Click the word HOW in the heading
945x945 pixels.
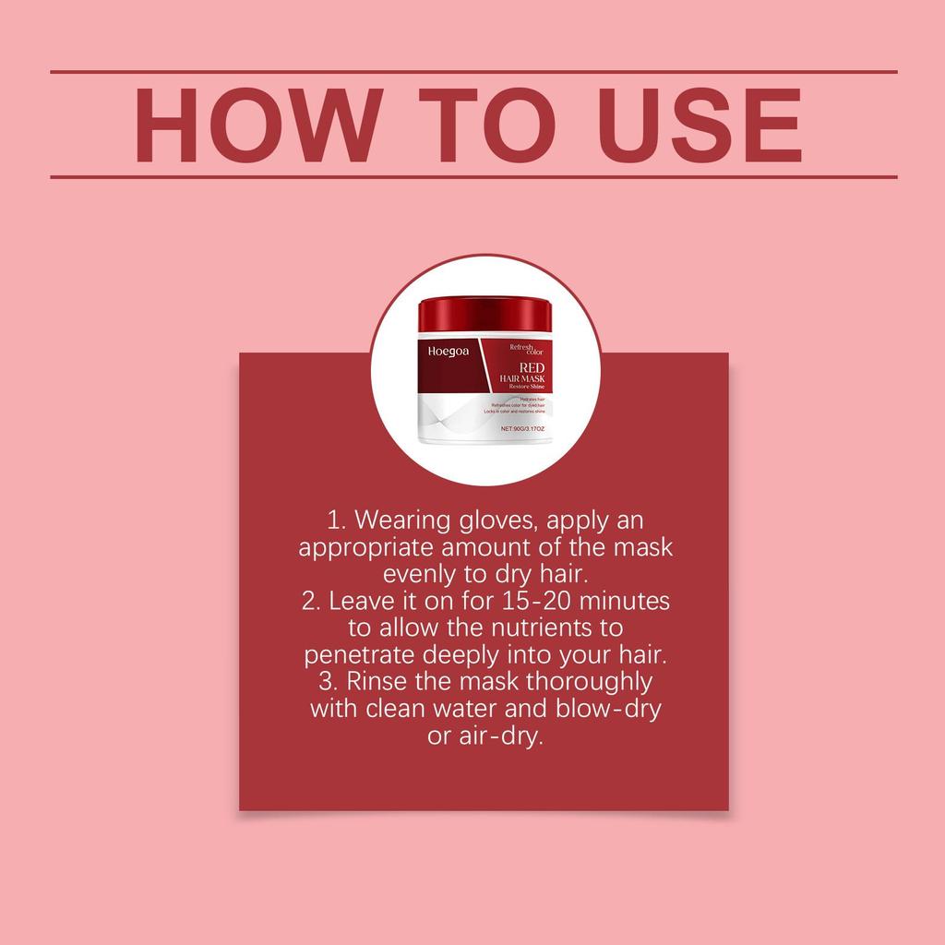(x=257, y=125)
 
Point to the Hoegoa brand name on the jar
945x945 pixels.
(x=449, y=351)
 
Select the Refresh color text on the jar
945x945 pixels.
(x=527, y=349)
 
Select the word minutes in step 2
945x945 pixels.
(x=627, y=601)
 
